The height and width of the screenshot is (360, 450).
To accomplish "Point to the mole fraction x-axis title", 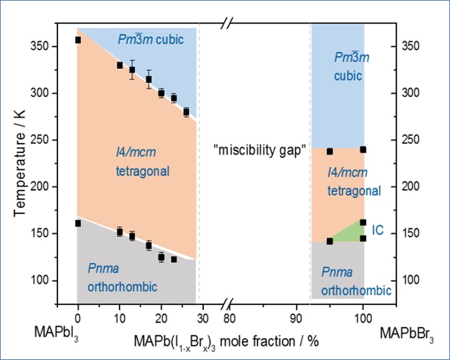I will coord(227,341).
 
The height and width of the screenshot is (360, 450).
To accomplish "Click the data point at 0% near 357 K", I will coord(78,40).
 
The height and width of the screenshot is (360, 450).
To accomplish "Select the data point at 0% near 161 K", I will coord(78,223).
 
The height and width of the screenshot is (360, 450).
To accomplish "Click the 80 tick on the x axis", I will coord(229,319).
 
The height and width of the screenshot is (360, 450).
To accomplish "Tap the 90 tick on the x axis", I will coord(296,319).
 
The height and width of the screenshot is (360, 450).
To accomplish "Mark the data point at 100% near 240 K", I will coord(363,149).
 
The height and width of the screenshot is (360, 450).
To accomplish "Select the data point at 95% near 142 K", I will coord(330,241).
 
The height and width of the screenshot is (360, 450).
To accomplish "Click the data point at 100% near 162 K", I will coord(363,222).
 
